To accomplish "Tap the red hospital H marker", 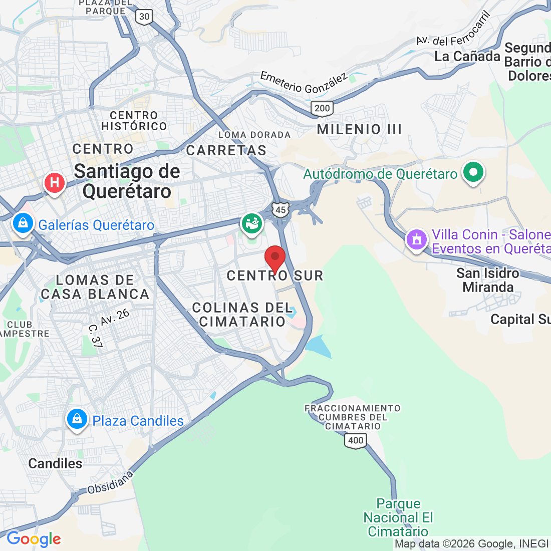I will coord(55,182).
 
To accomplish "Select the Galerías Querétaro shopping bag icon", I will coord(23,223).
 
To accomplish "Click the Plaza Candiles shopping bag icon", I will coord(77,419).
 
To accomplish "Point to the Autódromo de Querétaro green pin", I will coord(473,172).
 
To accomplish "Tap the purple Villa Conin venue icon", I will coord(416,239).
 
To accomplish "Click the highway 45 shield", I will coord(281,210).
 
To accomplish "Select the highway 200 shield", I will coord(322,108).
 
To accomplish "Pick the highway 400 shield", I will coord(356,441).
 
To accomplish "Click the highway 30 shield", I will coord(144,17).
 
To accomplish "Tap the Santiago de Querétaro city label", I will coord(127,181).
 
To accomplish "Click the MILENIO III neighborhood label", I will coord(360,129).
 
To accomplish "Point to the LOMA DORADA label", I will coord(254,135).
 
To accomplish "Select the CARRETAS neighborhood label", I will coord(226,150).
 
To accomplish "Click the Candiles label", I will coord(55,463).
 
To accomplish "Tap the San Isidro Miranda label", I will coord(488,280).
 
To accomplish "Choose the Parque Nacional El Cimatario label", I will coord(398,517).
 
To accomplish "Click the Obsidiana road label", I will coord(110,482).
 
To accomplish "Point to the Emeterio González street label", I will coord(304,83).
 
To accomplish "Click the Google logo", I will coord(34,539).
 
